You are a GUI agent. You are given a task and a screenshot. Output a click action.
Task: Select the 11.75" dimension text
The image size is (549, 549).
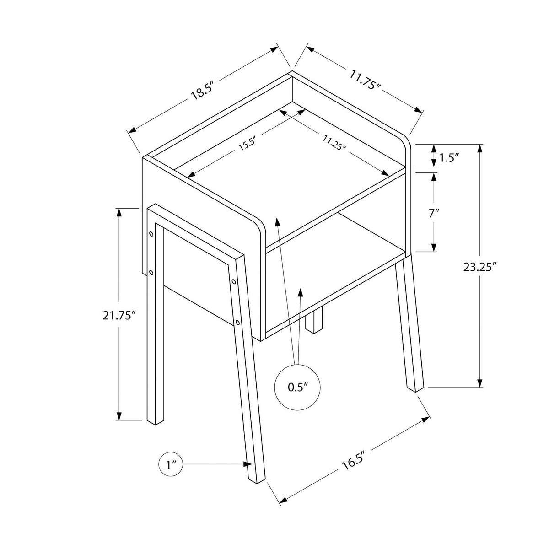click(365, 81)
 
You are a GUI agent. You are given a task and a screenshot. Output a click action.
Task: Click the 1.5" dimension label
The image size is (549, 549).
click(449, 158)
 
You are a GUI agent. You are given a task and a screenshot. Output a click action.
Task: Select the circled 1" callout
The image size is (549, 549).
click(171, 465)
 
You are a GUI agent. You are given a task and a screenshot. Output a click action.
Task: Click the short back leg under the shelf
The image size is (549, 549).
click(314, 320)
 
